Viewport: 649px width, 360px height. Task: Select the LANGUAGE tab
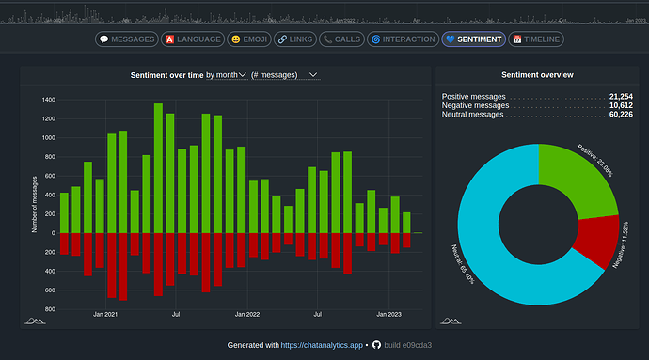tap(192, 39)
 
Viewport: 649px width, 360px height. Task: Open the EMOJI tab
tap(248, 39)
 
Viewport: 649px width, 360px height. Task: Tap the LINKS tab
tap(294, 39)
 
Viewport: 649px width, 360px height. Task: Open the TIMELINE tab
tap(536, 39)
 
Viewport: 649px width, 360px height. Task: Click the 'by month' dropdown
tap(226, 74)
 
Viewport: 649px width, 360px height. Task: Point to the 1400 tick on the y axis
tap(48, 99)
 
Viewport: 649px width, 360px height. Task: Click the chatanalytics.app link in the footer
tap(322, 345)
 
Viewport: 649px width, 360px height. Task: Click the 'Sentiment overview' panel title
tap(538, 74)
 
